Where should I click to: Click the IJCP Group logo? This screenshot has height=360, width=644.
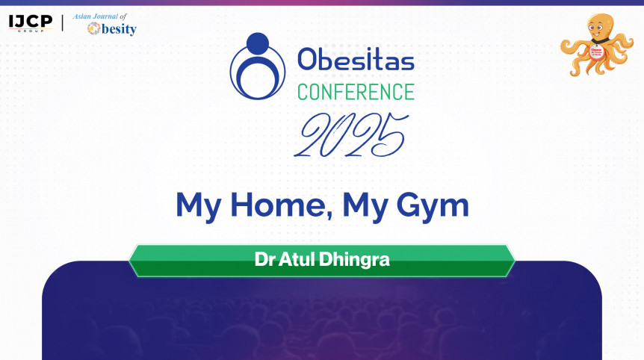[x=31, y=23]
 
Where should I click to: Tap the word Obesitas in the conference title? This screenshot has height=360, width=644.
[x=356, y=60]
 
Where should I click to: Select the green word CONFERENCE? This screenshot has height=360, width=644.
[x=356, y=92]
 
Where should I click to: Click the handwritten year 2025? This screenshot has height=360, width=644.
[x=351, y=135]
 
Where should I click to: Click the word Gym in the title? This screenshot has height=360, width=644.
[x=433, y=207]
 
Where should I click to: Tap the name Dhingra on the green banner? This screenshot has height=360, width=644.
[x=354, y=260]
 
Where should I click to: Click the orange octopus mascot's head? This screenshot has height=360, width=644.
[x=600, y=28]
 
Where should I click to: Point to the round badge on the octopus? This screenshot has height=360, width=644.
[x=596, y=52]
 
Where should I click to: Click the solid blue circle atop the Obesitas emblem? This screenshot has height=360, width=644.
[x=258, y=43]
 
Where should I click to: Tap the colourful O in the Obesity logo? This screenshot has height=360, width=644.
[x=93, y=28]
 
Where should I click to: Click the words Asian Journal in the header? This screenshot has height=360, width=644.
[x=96, y=16]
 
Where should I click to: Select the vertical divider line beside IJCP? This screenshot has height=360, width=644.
[x=63, y=23]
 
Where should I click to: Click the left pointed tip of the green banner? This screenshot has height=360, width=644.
[x=129, y=261]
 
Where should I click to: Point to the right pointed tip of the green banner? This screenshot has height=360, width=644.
[x=515, y=261]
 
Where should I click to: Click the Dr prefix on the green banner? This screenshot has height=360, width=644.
[x=264, y=259]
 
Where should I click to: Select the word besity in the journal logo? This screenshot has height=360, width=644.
[x=119, y=29]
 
